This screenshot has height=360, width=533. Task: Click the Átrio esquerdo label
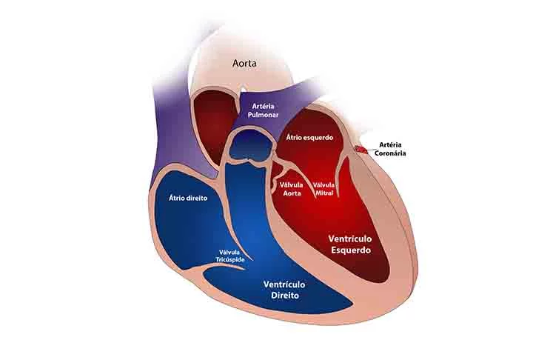(309, 139)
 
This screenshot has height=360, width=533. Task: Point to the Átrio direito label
(188, 199)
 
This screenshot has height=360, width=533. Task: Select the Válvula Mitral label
(324, 188)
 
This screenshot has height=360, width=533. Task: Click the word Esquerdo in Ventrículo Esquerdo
(350, 250)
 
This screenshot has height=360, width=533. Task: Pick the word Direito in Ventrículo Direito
(284, 294)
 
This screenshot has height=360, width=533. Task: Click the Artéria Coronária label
(392, 149)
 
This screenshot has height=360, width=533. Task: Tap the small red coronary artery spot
(360, 150)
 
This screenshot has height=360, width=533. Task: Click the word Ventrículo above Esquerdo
(350, 239)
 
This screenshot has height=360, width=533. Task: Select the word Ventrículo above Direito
(284, 284)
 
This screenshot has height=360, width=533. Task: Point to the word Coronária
(392, 153)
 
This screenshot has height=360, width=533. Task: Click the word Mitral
(324, 193)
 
